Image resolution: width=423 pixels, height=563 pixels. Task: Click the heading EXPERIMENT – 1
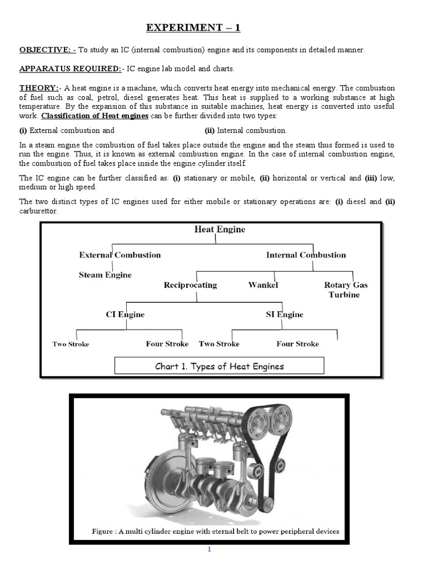(x=193, y=27)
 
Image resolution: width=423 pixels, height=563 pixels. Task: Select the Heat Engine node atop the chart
(x=220, y=229)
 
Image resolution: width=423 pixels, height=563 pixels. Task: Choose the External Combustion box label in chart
(x=120, y=255)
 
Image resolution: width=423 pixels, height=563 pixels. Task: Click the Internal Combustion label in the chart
(x=306, y=255)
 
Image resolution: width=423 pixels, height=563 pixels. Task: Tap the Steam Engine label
(x=105, y=274)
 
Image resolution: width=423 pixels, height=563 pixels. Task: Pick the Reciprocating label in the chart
(x=190, y=285)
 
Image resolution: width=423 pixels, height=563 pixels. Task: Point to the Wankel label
(x=263, y=285)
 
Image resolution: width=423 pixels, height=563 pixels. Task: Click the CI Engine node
(x=125, y=314)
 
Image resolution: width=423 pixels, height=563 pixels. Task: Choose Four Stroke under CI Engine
(x=167, y=344)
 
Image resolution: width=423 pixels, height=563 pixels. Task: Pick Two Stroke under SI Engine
(x=219, y=344)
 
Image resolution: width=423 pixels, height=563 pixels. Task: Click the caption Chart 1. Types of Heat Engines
(x=219, y=366)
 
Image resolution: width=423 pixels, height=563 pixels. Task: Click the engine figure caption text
(x=215, y=531)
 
